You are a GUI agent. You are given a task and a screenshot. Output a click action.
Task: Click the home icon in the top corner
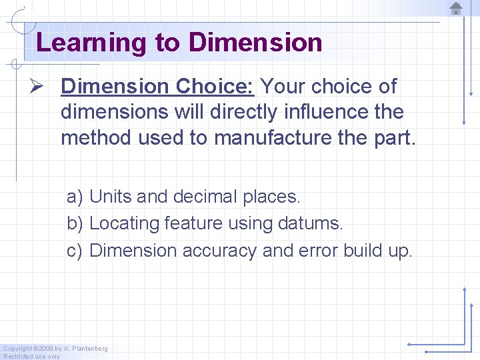coord(456,8)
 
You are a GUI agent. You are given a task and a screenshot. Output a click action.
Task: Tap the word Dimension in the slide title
coord(255,43)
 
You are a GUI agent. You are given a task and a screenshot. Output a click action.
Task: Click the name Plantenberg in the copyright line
coord(89,349)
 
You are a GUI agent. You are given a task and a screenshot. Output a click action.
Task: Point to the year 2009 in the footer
coord(44,349)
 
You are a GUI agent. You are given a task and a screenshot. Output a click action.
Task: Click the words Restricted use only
coord(32,356)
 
